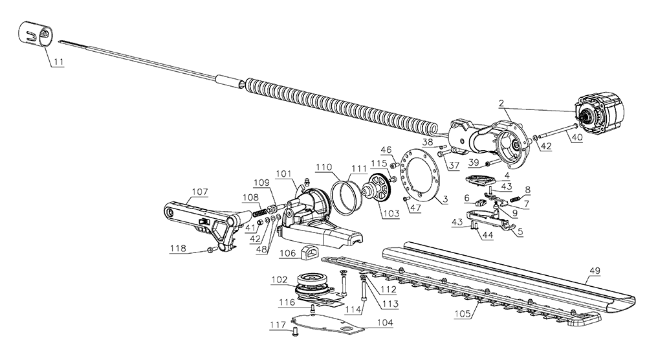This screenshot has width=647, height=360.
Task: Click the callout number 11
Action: click(x=59, y=62)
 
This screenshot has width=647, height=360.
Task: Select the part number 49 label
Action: click(x=595, y=271)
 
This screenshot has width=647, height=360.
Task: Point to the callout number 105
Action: click(x=462, y=314)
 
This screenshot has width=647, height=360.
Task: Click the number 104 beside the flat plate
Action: click(x=385, y=322)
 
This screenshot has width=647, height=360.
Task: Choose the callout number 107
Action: click(x=200, y=192)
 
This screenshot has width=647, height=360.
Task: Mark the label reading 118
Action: click(x=178, y=249)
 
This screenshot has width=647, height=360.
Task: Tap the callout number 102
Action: click(x=279, y=280)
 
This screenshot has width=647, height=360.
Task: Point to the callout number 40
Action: click(x=577, y=138)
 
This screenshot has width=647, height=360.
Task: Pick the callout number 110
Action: click(x=324, y=167)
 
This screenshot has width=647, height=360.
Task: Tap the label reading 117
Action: click(x=278, y=325)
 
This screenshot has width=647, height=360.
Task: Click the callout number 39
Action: click(x=474, y=163)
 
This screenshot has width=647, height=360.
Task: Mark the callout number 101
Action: click(x=283, y=174)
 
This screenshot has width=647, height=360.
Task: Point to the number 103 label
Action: click(x=391, y=214)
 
